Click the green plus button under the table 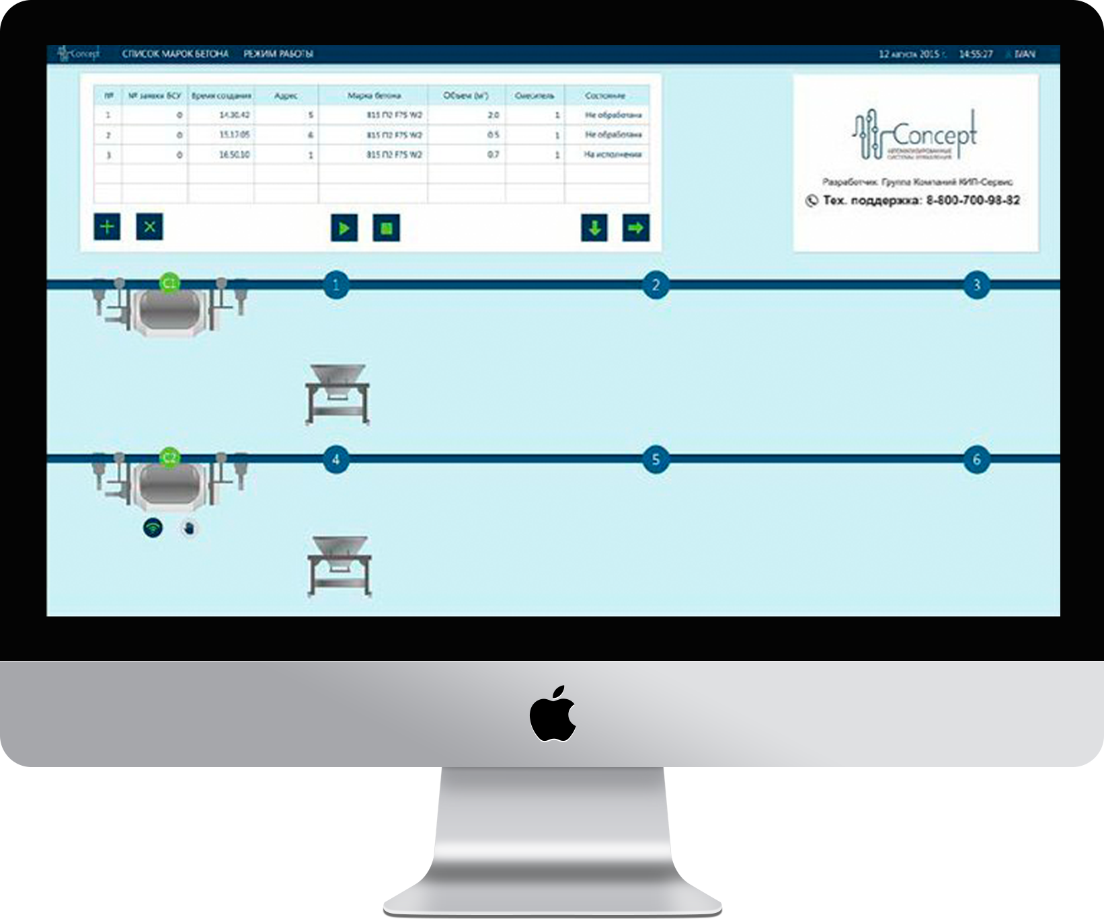107,227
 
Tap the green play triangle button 344,228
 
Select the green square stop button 386,228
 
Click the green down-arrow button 594,228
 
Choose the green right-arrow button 635,228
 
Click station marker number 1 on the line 336,285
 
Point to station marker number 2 656,285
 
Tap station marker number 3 976,285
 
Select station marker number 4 336,460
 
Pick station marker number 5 656,460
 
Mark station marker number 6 976,460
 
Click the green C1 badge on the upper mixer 170,283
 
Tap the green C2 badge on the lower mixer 170,458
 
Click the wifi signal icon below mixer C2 153,528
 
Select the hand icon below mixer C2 190,528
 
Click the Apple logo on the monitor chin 553,714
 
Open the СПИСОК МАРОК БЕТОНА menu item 175,54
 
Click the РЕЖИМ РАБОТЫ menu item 278,54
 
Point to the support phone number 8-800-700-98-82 972,200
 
